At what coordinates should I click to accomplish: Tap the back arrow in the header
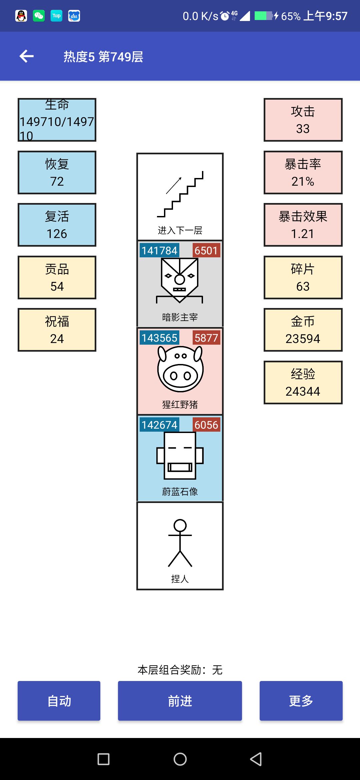pyautogui.click(x=27, y=56)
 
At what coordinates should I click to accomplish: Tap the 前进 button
pyautogui.click(x=180, y=701)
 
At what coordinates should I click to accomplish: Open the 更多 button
pyautogui.click(x=301, y=701)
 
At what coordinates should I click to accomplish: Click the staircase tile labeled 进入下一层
pyautogui.click(x=180, y=197)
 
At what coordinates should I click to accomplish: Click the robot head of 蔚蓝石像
pyautogui.click(x=180, y=455)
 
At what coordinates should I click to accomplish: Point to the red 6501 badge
pyautogui.click(x=206, y=251)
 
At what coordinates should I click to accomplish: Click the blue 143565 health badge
pyautogui.click(x=159, y=338)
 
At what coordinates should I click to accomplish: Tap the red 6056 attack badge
pyautogui.click(x=206, y=425)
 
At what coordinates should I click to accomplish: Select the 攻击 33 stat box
pyautogui.click(x=303, y=120)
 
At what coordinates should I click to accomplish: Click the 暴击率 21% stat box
pyautogui.click(x=303, y=172)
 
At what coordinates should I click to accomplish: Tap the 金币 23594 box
pyautogui.click(x=303, y=330)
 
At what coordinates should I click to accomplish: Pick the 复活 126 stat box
pyautogui.click(x=57, y=225)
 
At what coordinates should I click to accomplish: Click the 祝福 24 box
pyautogui.click(x=57, y=330)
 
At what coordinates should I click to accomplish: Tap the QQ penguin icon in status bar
pyautogui.click(x=21, y=16)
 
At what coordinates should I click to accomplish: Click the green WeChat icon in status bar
pyautogui.click(x=39, y=16)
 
